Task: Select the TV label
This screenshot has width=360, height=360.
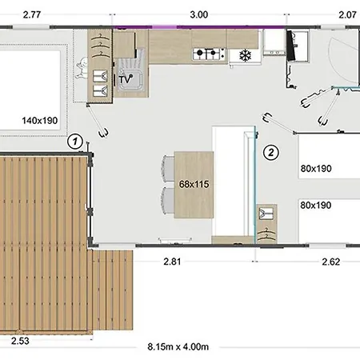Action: coord(125,80)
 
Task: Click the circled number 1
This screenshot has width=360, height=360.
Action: coord(74,142)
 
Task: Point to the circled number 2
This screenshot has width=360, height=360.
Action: coord(270,151)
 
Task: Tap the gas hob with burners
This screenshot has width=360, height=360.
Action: coord(209,54)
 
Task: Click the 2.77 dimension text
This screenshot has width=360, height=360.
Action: coord(33,14)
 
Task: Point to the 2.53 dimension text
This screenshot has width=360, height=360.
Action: coord(22,342)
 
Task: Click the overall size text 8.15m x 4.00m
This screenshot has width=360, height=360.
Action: coord(178,346)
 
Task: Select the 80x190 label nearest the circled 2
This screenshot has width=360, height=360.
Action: coord(315,169)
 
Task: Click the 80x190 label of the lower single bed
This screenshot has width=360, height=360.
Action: coord(315,204)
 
